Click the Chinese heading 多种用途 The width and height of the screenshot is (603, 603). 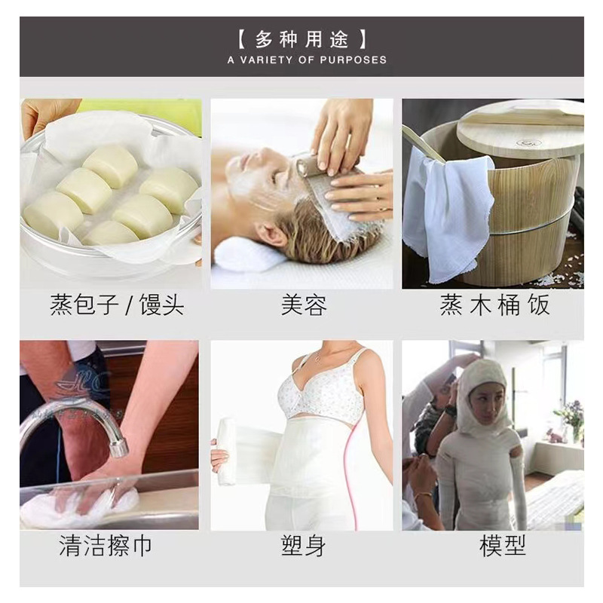[301, 38]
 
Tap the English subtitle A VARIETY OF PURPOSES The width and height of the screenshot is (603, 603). [307, 60]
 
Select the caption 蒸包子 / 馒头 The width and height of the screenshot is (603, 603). [117, 305]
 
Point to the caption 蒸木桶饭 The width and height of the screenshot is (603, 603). [494, 305]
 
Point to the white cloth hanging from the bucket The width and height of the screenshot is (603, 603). [445, 211]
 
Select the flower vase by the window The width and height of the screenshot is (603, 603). [571, 422]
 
